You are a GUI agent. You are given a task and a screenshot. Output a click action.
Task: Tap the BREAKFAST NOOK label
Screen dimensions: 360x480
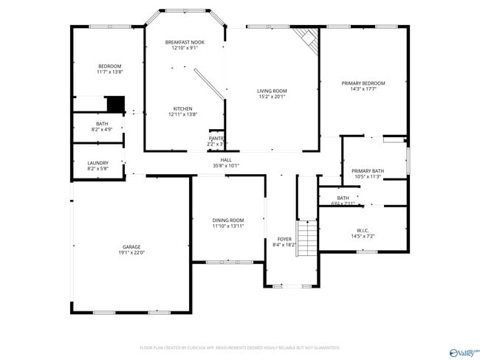point(185,42)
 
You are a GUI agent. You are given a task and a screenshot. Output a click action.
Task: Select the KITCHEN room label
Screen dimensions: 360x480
point(182,108)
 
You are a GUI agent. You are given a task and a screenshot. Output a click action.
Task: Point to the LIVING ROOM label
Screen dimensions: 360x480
point(272,91)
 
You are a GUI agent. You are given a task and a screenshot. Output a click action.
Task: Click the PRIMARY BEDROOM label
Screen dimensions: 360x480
point(363,83)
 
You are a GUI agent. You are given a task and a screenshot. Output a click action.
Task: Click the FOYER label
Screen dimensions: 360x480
point(284,238)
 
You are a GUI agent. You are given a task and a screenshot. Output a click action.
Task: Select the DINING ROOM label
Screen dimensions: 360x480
point(228,220)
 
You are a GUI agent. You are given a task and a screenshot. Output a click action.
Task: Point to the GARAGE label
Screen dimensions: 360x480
point(131,246)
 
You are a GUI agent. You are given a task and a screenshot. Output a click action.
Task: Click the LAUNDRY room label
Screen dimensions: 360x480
point(97,163)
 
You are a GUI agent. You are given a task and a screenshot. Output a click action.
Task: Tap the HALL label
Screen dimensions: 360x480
point(226,160)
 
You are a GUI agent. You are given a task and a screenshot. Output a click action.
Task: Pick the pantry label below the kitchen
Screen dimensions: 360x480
point(216,138)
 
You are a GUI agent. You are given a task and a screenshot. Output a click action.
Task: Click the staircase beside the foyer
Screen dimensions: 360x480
point(306,238)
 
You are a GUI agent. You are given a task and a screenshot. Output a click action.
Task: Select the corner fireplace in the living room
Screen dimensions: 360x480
point(304,38)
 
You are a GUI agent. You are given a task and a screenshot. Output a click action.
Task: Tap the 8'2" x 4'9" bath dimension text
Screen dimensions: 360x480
point(102,129)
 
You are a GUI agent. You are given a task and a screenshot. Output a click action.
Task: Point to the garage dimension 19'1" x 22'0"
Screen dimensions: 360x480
point(131,252)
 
